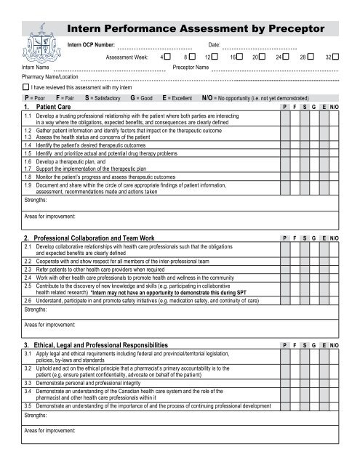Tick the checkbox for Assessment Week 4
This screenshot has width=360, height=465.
(168, 55)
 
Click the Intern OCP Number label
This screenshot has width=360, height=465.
(90, 45)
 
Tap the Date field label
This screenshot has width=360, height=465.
(214, 45)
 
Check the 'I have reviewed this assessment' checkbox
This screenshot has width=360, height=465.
(26, 86)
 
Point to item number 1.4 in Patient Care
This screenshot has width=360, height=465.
(28, 147)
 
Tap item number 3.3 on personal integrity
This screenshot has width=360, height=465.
(28, 381)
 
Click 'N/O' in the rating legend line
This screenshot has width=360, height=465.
(207, 97)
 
